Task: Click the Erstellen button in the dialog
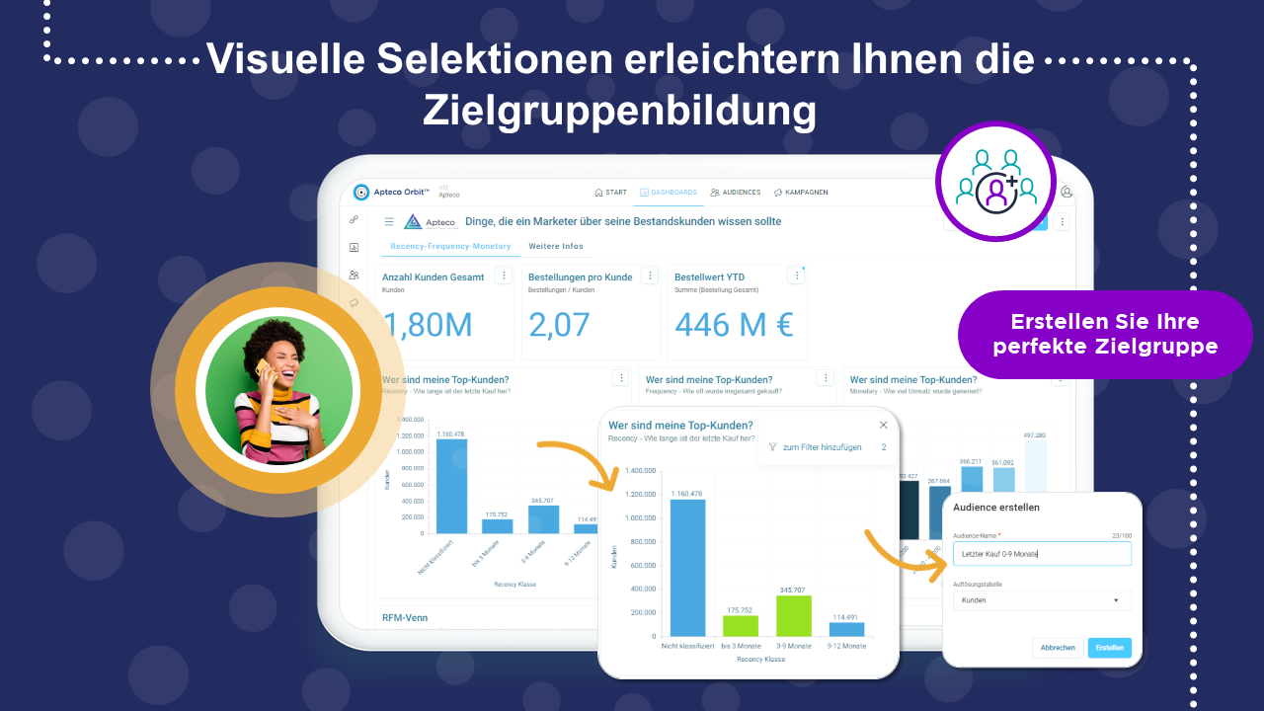coord(1109,648)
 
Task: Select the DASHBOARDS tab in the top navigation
coord(669,193)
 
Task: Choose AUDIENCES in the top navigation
coord(736,193)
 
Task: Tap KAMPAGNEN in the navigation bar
coord(801,193)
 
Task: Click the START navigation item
coord(610,193)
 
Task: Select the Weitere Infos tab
coord(556,246)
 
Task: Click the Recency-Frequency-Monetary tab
coord(450,246)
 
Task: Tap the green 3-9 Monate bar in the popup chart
coord(793,615)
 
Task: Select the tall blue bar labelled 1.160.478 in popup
coord(687,567)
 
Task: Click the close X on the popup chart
coord(884,425)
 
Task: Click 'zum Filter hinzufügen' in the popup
coord(822,447)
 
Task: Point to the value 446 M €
coord(734,324)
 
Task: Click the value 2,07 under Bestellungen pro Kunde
coord(559,324)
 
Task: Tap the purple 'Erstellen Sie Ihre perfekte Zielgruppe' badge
coord(1105,335)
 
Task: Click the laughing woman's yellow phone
coord(264,370)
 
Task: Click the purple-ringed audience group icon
coord(995,182)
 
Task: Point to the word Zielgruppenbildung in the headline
coord(619,111)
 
